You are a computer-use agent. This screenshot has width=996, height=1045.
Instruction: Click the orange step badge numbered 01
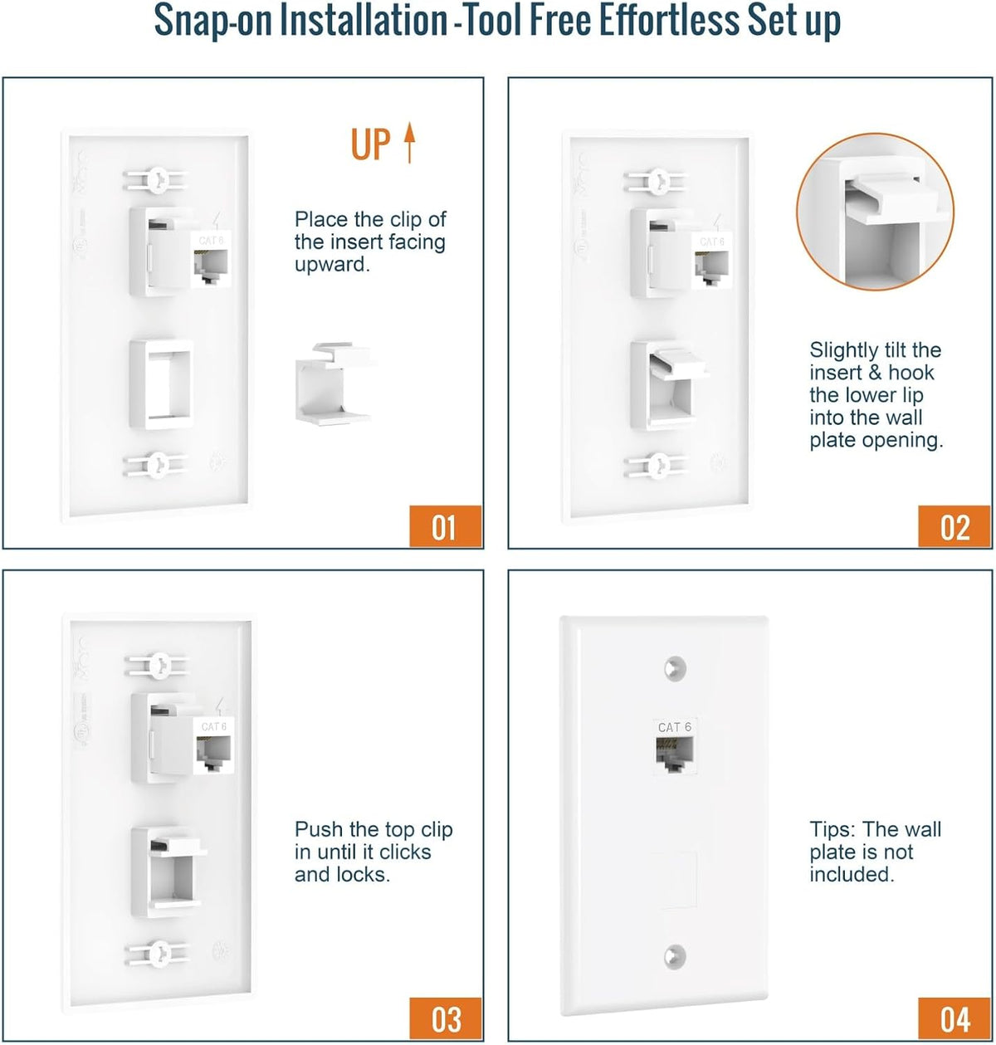click(446, 525)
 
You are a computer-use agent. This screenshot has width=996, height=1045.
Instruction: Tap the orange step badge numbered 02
click(954, 525)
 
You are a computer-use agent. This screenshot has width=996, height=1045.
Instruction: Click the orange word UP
click(370, 144)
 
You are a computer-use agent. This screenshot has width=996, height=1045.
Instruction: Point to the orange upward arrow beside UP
click(408, 143)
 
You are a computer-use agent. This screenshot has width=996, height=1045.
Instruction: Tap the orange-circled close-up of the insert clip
click(875, 212)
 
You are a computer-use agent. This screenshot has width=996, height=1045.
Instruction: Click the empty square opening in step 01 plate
click(162, 384)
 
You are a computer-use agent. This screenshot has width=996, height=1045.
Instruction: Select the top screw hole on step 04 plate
click(675, 668)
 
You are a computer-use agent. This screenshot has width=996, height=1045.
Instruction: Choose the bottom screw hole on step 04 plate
click(675, 957)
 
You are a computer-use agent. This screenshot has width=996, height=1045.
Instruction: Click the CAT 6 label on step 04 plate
click(675, 727)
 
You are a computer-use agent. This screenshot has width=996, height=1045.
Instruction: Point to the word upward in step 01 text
click(332, 265)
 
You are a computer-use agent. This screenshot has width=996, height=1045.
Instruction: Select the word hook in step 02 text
click(911, 373)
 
